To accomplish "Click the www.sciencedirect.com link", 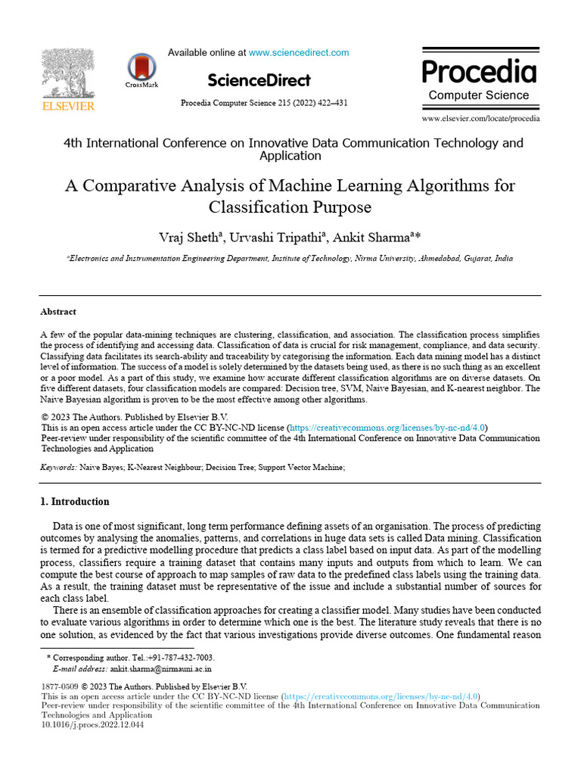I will tap(299, 53).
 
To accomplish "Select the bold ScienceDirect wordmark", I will tap(258, 79).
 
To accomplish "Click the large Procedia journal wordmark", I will tap(479, 72).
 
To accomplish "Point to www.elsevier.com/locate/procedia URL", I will tap(480, 119).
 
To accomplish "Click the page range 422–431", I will tap(330, 103).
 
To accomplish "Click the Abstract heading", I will tap(58, 311).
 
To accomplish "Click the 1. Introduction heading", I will tap(74, 502).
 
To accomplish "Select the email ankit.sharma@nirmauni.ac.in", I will tap(161, 669).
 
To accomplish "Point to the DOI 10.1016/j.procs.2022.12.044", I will tap(92, 724).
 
